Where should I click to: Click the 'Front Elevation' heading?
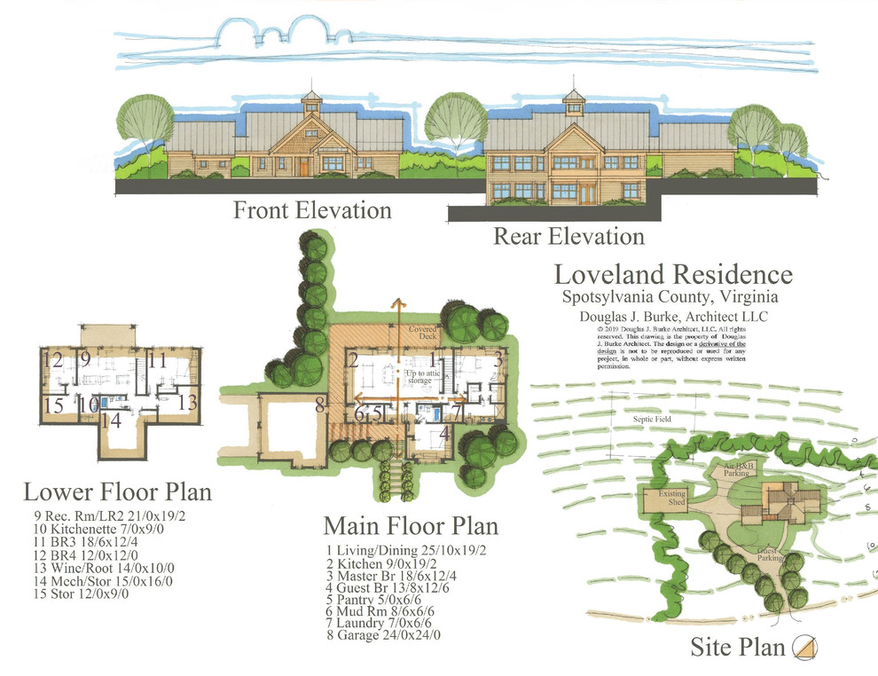pyautogui.click(x=311, y=211)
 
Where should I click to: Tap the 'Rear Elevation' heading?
pyautogui.click(x=568, y=237)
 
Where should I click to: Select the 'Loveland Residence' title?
pyautogui.click(x=673, y=274)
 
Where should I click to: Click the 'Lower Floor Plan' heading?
pyautogui.click(x=117, y=491)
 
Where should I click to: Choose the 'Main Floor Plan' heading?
pyautogui.click(x=410, y=525)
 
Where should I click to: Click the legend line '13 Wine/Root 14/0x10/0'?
pyautogui.click(x=104, y=569)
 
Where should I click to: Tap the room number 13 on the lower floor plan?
pyautogui.click(x=187, y=401)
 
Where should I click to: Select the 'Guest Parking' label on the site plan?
pyautogui.click(x=768, y=554)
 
